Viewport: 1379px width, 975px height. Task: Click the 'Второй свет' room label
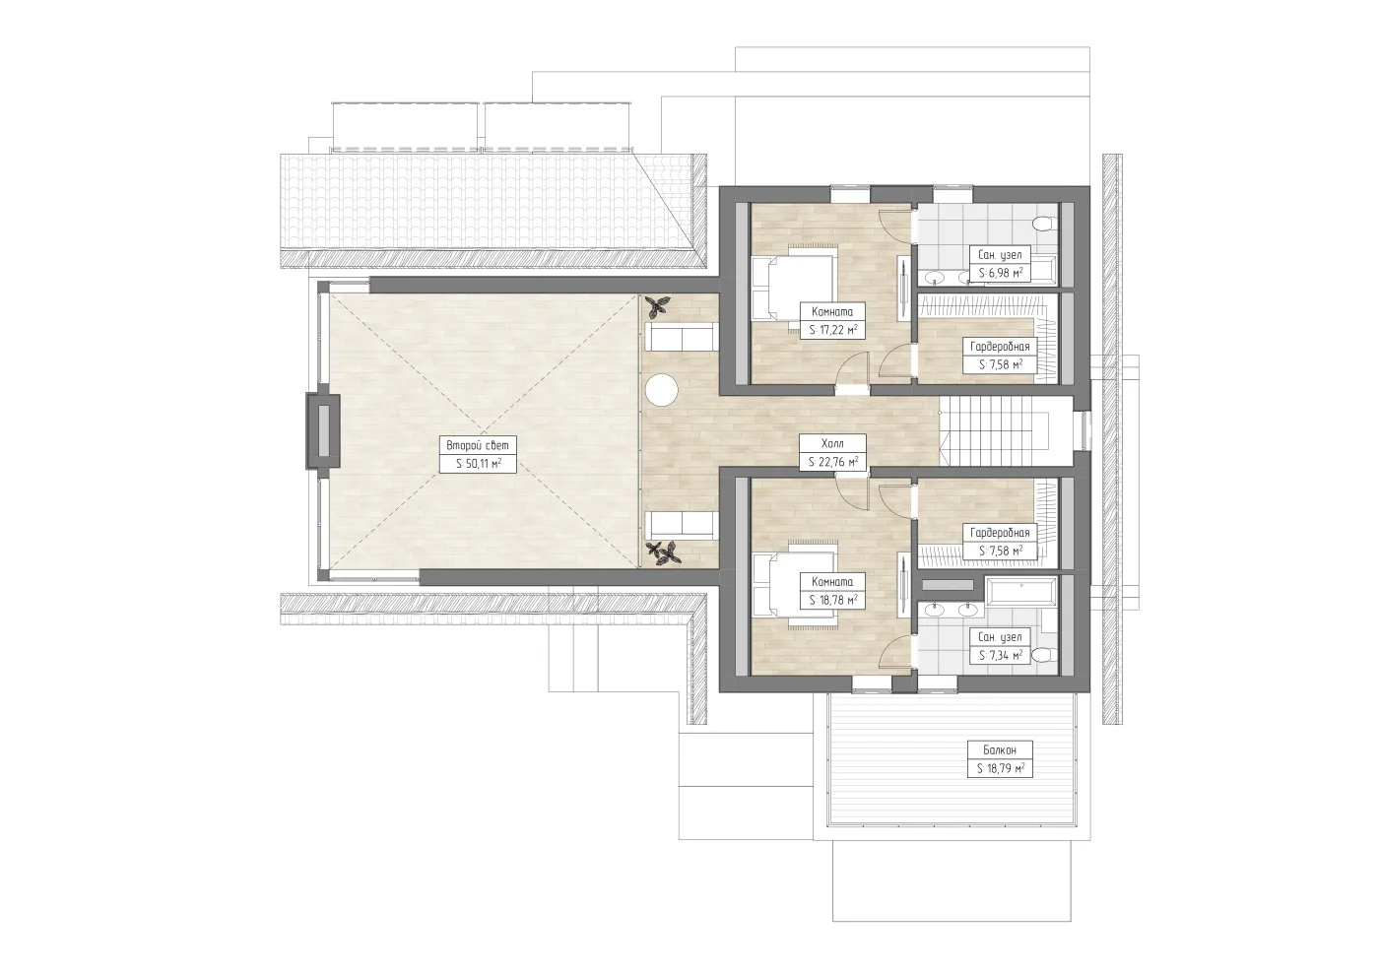coord(478,445)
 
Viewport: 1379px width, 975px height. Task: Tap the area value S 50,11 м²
coord(479,464)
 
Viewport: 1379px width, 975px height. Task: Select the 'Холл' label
coord(832,443)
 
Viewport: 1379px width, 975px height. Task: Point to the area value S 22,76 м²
coord(833,462)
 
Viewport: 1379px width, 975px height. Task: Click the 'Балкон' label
coord(1000,749)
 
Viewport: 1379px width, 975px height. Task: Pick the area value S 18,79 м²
coord(1001,768)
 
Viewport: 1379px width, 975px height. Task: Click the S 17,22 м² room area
coord(833,330)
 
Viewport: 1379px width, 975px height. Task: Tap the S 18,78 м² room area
coord(833,600)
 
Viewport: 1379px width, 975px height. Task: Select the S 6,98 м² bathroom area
coord(1001,273)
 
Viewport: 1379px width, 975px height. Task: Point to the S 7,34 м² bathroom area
coord(1001,656)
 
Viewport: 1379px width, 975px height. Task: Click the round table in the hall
coord(662,390)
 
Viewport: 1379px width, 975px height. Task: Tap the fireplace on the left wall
coord(322,431)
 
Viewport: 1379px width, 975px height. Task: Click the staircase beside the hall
coord(1004,431)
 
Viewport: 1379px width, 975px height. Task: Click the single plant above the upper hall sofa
coord(658,306)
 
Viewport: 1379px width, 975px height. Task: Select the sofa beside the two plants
coord(682,525)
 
